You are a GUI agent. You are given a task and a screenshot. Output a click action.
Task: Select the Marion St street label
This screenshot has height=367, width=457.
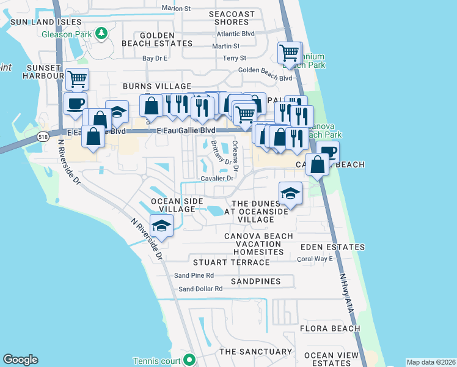(x=177, y=8)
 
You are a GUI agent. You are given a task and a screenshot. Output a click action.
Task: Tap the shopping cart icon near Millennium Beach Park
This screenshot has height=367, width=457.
(x=290, y=53)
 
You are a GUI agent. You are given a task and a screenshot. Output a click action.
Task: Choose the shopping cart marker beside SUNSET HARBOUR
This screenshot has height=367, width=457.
(x=77, y=79)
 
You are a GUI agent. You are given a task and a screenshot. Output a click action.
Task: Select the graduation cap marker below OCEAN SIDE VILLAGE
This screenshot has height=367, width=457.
(x=161, y=226)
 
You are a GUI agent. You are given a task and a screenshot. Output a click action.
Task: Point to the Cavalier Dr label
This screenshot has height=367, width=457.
(x=218, y=179)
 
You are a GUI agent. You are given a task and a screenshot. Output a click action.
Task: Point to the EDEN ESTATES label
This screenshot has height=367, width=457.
(x=332, y=247)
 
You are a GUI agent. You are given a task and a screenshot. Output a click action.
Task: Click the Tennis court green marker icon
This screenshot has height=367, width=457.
(x=189, y=359)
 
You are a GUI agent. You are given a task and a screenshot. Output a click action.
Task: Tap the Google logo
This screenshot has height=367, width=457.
(x=20, y=360)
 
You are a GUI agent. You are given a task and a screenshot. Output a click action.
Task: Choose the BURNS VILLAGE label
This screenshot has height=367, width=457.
(x=157, y=87)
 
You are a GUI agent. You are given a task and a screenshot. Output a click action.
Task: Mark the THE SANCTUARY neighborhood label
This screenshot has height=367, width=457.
(x=255, y=352)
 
